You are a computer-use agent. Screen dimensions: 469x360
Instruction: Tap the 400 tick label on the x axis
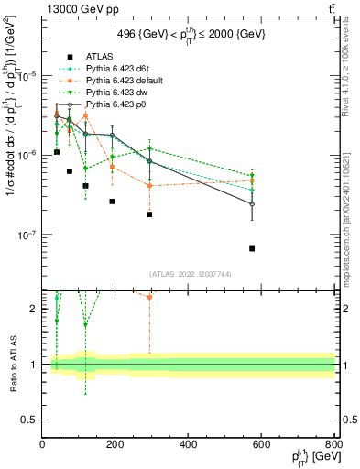[189, 446]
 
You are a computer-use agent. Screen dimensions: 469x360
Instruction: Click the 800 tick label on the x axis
[333, 446]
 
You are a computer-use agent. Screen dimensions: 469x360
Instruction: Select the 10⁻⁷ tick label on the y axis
[27, 235]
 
